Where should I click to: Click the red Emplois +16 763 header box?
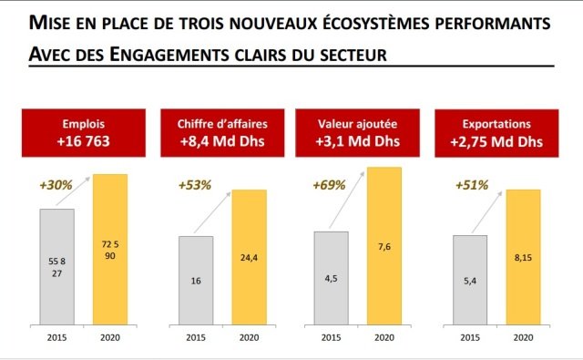point(81,133)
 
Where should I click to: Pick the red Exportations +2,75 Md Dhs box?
point(496,133)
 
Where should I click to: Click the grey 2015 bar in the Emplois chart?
point(56,265)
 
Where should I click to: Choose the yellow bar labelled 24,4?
point(249,256)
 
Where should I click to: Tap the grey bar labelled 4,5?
point(332,276)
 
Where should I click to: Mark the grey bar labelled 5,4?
point(470,279)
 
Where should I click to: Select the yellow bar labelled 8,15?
point(524,256)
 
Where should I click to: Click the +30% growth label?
point(56,184)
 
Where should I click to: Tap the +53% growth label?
point(195,184)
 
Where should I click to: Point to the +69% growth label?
point(330,184)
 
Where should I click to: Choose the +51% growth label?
point(470,184)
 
